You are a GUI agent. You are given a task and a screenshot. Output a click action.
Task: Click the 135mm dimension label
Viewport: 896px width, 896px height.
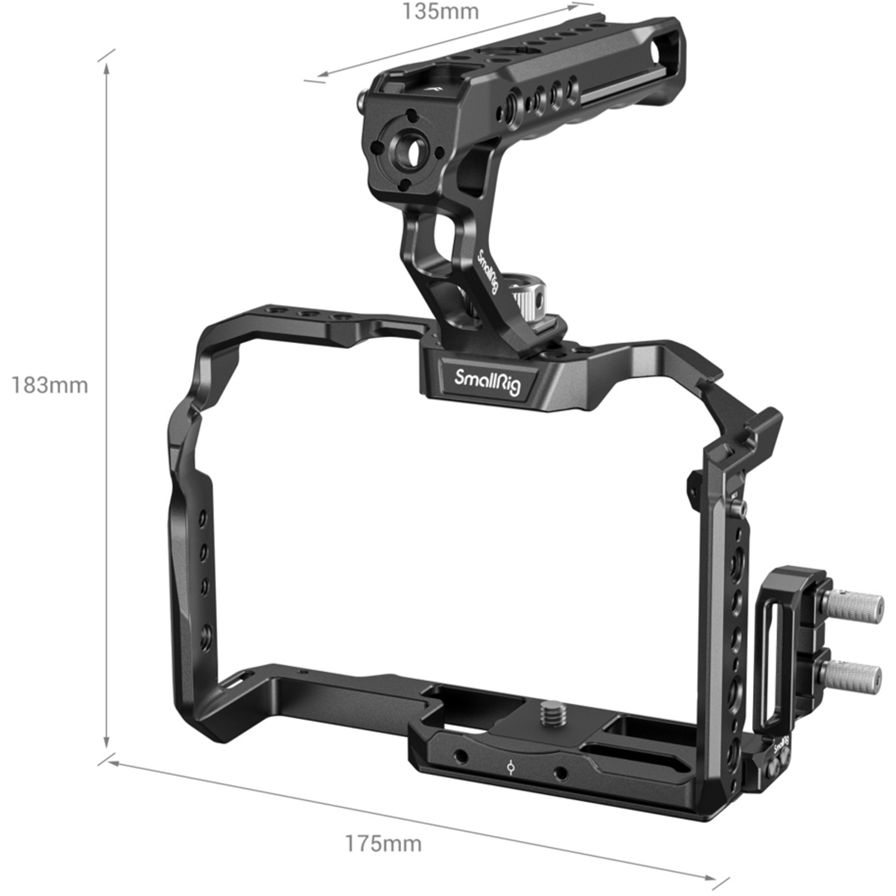coord(440,11)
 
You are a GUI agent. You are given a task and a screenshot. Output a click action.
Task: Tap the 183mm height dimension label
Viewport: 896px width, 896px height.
coord(50,385)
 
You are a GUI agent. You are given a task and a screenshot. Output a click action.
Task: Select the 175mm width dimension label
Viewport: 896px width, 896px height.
coord(383,843)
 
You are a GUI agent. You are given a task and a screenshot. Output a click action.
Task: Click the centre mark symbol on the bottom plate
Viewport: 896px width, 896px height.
coord(510,766)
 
